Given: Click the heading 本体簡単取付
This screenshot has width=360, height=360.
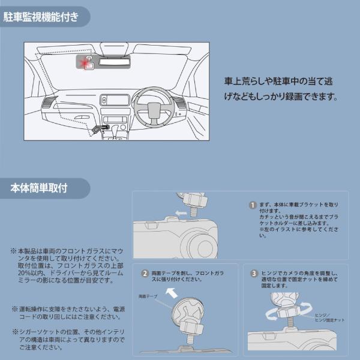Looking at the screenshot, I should [40, 188].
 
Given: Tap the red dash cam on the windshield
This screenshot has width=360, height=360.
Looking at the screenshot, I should [88, 62].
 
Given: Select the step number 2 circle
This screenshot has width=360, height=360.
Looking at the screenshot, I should [145, 274].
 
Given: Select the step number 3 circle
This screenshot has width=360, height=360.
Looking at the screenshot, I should [254, 274].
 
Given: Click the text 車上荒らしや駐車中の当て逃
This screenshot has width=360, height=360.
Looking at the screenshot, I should [281, 80].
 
